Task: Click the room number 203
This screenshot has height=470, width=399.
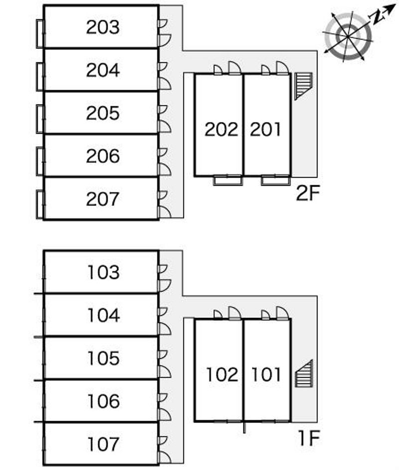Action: [103, 27]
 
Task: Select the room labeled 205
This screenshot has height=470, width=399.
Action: [103, 113]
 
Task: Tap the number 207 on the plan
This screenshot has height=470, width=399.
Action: [102, 199]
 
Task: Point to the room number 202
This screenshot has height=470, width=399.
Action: [221, 130]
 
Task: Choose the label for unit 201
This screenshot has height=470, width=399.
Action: [265, 130]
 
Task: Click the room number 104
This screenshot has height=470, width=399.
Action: [104, 315]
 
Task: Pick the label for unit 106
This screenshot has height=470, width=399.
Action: [104, 401]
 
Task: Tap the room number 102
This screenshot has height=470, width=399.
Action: [222, 374]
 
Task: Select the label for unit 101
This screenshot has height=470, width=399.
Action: [266, 374]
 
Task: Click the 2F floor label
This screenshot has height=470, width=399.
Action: [308, 193]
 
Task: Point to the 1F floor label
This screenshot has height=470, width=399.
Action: [309, 438]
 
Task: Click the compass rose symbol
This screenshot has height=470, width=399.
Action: [348, 36]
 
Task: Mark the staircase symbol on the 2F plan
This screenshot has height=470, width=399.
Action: [303, 86]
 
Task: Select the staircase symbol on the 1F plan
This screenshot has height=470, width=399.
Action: [304, 374]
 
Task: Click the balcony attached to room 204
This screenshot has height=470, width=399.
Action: [40, 76]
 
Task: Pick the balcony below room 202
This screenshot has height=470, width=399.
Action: [227, 181]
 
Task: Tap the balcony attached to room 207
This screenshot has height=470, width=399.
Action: [40, 205]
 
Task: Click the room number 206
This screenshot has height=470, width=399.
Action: [103, 156]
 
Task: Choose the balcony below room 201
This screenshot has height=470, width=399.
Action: [276, 181]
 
